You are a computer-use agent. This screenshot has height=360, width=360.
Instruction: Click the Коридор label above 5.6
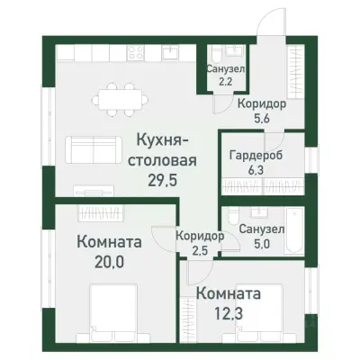point(262,104)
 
